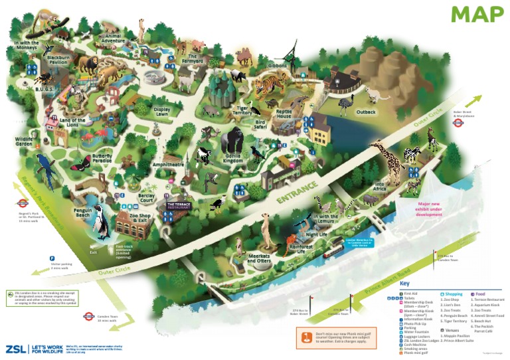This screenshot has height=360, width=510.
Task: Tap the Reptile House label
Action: pyautogui.click(x=284, y=116)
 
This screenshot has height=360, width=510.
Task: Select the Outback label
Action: pyautogui.click(x=366, y=112)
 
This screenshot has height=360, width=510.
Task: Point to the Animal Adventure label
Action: pyautogui.click(x=113, y=39)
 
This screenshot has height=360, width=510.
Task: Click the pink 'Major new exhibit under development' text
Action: pyautogui.click(x=430, y=209)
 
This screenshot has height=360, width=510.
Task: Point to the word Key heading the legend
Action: pyautogui.click(x=405, y=284)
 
